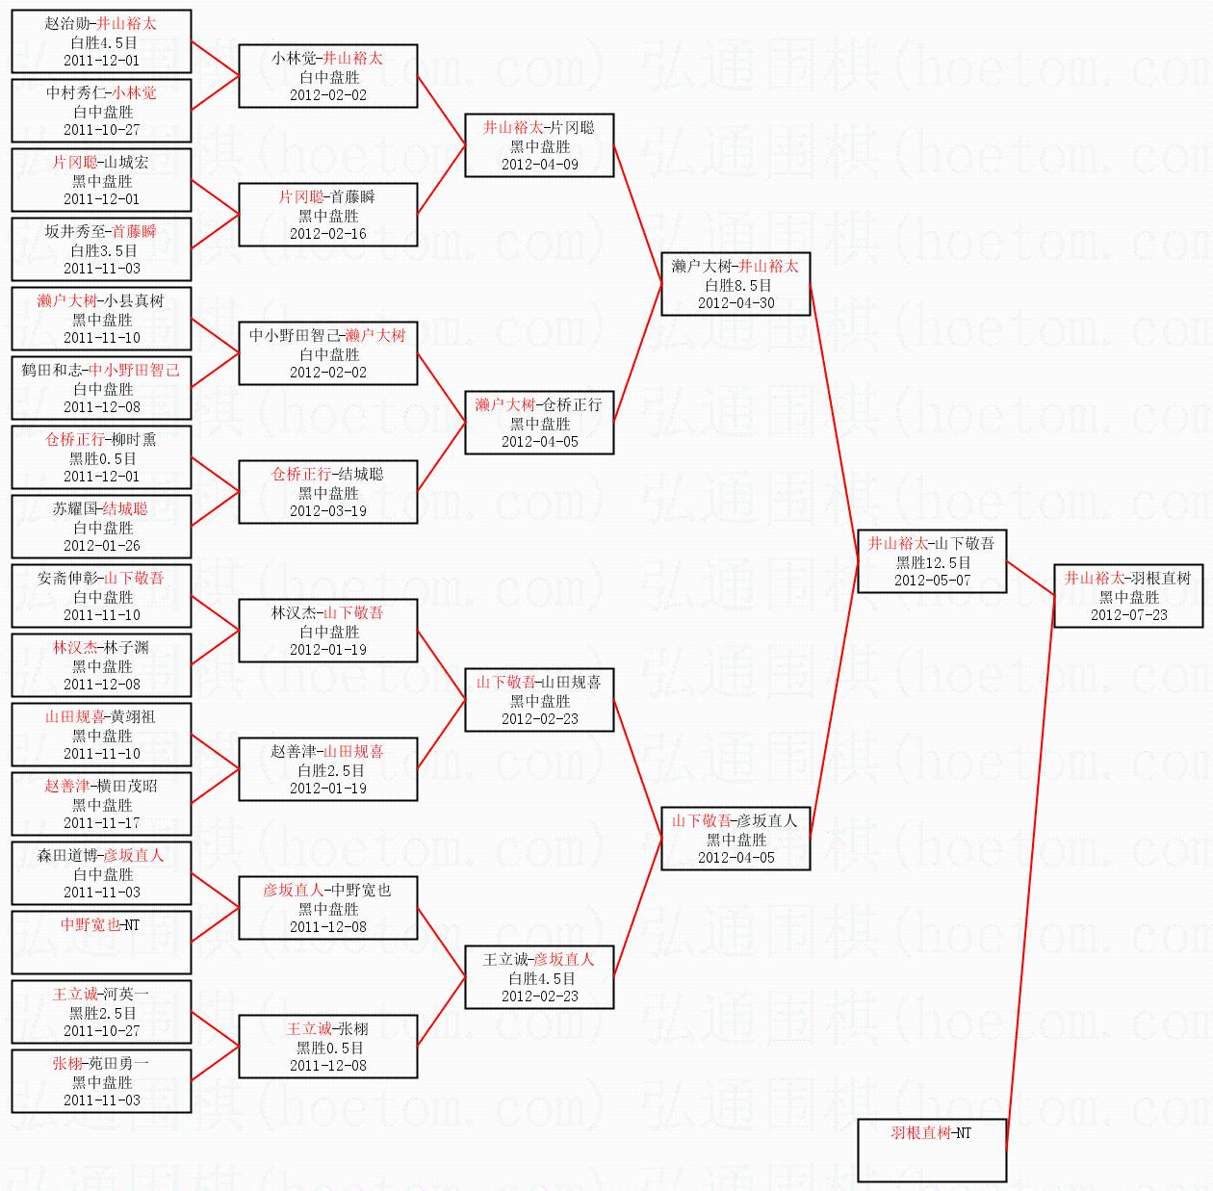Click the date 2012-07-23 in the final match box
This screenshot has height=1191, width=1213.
coord(1128,614)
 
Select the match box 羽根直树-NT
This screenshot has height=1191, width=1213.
coord(932,1150)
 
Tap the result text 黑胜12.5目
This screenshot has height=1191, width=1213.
coord(932,562)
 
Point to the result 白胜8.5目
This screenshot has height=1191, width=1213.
coord(736,285)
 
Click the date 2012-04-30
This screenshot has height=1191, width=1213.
coord(736,303)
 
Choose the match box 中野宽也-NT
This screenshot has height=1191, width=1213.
coord(101,942)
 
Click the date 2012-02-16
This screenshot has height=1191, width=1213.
coord(328,234)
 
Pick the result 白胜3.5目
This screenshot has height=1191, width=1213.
coord(103,250)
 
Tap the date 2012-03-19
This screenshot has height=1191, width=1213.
coord(328,511)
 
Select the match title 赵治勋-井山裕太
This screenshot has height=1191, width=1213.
coord(101,24)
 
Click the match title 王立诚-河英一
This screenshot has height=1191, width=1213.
coord(101,994)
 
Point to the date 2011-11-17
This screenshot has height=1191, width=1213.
coord(101,822)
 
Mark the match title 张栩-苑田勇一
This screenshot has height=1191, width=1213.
coord(101,1063)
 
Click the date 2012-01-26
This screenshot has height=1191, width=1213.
coord(101,545)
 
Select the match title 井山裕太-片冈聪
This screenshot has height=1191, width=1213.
coord(539,128)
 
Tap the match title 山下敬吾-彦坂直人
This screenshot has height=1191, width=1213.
coord(735,820)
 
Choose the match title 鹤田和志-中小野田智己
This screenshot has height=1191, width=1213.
coord(101,371)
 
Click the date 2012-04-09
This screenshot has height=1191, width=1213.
coord(539,165)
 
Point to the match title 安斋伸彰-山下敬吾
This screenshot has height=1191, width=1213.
coord(101,579)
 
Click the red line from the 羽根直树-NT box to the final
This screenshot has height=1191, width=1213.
coord(1030,872)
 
